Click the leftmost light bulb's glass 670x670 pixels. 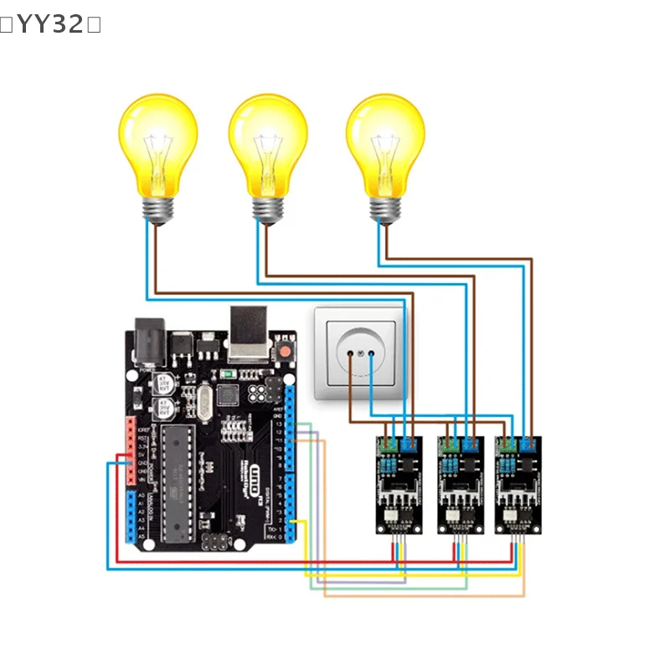pyautogui.click(x=158, y=142)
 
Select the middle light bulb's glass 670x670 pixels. pyautogui.click(x=268, y=142)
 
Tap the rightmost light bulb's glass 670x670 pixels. pyautogui.click(x=385, y=142)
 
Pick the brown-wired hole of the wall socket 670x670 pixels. pyautogui.click(x=349, y=354)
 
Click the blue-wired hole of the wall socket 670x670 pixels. pyautogui.click(x=372, y=354)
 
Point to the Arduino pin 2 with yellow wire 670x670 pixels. pyautogui.click(x=290, y=521)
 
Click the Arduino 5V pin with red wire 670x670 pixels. pyautogui.click(x=130, y=456)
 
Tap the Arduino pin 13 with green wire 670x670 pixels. pyautogui.click(x=290, y=425)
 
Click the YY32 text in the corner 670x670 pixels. pyautogui.click(x=50, y=25)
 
